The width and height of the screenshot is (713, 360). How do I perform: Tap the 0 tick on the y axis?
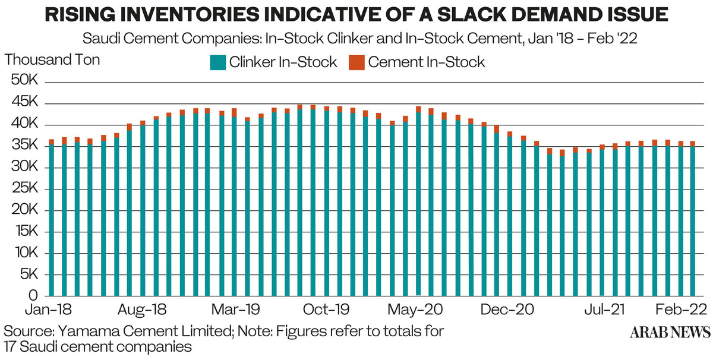tap(34, 296)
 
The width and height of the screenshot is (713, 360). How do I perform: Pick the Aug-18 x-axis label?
tap(142, 311)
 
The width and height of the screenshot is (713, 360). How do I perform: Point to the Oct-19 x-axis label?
tap(326, 311)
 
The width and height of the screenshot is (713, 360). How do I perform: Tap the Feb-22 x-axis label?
tap(680, 311)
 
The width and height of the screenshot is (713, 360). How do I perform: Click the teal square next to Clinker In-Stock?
tap(217, 62)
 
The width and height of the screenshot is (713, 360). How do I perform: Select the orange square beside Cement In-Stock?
tap(356, 62)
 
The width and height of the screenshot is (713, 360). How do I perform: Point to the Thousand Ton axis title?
tap(52, 60)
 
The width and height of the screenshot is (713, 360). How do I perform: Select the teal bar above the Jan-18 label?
tap(52, 220)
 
